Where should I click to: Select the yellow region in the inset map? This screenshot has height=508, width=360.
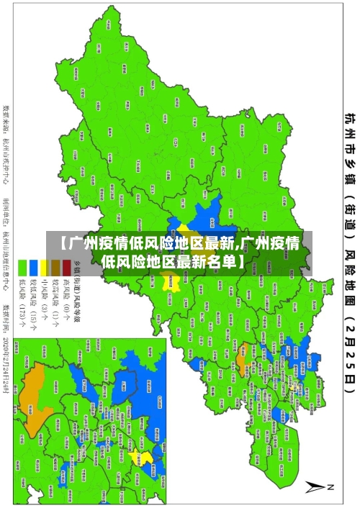click(146, 457)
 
